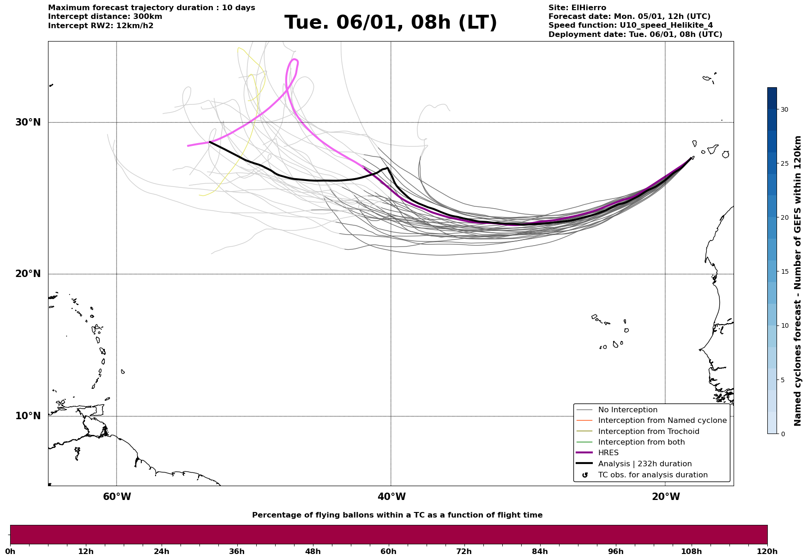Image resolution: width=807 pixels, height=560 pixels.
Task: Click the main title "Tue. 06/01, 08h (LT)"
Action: point(391,23)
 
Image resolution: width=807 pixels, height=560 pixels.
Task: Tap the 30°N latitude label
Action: point(28,122)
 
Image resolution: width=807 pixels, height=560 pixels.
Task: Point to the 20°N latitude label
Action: point(28,274)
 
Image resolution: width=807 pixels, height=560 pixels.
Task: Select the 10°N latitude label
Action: point(28,416)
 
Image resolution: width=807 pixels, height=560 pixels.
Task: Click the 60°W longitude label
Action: point(117,497)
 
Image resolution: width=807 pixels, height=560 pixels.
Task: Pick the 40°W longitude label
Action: point(391,497)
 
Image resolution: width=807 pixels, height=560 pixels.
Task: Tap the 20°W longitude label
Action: point(666,497)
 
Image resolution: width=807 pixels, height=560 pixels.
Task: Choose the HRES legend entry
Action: point(608,453)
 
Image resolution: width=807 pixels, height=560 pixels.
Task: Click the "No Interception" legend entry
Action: point(627,410)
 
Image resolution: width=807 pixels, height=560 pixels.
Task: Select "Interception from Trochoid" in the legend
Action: point(648,432)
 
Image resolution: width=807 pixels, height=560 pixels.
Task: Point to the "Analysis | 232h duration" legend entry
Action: point(644,464)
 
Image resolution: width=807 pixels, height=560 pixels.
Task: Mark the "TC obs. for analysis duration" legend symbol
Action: point(585,475)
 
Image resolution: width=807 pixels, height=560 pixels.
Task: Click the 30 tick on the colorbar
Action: point(784,109)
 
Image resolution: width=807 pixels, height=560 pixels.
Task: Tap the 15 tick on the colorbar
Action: point(784,271)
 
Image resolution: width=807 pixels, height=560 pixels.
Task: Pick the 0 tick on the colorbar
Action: point(783,434)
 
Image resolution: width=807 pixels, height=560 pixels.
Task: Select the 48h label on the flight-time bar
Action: point(313,551)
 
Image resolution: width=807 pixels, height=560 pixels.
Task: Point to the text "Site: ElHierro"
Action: point(577,8)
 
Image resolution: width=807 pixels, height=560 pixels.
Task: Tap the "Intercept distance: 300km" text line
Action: point(105,17)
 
